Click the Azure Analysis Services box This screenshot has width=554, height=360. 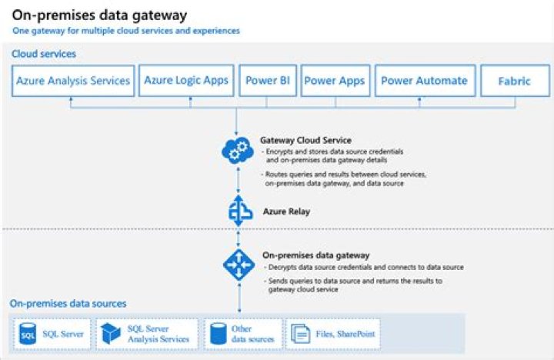(73, 81)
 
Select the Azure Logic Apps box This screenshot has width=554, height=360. (186, 81)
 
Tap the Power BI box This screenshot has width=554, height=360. (268, 81)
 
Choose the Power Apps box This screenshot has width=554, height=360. (335, 81)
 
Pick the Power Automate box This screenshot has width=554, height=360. (425, 81)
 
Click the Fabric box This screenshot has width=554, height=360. (515, 81)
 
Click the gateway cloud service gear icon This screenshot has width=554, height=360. (238, 151)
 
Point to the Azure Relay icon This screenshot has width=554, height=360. (239, 211)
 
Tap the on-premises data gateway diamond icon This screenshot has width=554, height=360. (239, 265)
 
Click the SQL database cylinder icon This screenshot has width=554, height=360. (28, 334)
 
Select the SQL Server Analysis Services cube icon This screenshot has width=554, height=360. (111, 334)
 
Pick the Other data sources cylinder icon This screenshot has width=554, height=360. (219, 334)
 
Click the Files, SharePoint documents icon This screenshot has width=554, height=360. (300, 334)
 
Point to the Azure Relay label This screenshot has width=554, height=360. (286, 212)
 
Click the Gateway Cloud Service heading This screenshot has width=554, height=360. (305, 140)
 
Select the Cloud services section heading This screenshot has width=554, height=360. (44, 54)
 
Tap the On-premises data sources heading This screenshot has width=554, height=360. (68, 304)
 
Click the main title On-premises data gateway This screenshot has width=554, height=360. (99, 15)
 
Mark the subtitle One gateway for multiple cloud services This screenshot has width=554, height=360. (126, 31)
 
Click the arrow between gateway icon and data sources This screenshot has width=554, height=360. (239, 297)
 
